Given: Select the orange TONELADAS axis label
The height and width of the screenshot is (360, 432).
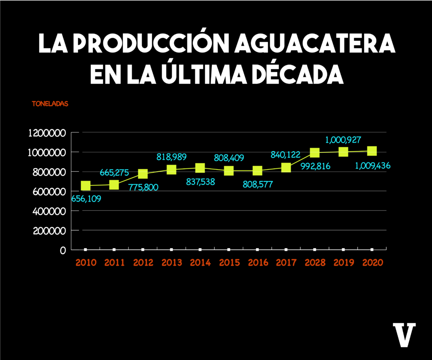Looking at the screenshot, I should point(50,104).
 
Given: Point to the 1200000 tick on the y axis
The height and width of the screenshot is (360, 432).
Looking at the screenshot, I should point(47,133).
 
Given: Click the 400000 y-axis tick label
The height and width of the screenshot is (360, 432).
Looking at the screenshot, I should point(49,211).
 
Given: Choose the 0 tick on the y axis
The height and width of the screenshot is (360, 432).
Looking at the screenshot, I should point(63,250).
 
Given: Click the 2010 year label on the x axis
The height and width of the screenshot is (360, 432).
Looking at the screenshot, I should point(86,263).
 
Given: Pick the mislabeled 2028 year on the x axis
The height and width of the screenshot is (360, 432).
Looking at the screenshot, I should point(315,263).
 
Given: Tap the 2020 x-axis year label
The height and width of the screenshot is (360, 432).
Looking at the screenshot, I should point(373,263).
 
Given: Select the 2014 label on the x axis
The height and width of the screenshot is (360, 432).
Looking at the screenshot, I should point(200,263).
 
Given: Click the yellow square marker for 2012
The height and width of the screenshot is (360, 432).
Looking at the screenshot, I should point(143,174).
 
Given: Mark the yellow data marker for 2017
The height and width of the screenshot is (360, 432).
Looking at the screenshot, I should point(286,167).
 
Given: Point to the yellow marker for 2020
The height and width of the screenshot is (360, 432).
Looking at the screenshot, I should point(372,151).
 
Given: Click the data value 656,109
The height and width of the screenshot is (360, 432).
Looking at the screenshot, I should point(86,199).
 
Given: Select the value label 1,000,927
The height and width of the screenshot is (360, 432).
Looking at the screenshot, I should point(343,140).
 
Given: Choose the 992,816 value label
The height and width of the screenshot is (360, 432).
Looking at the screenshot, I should point(315,166).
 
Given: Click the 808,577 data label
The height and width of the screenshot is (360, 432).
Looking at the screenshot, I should point(257,184).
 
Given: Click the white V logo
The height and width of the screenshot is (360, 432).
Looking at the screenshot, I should point(404,334).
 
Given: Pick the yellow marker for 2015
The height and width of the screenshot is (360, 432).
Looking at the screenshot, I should point(229,171).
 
